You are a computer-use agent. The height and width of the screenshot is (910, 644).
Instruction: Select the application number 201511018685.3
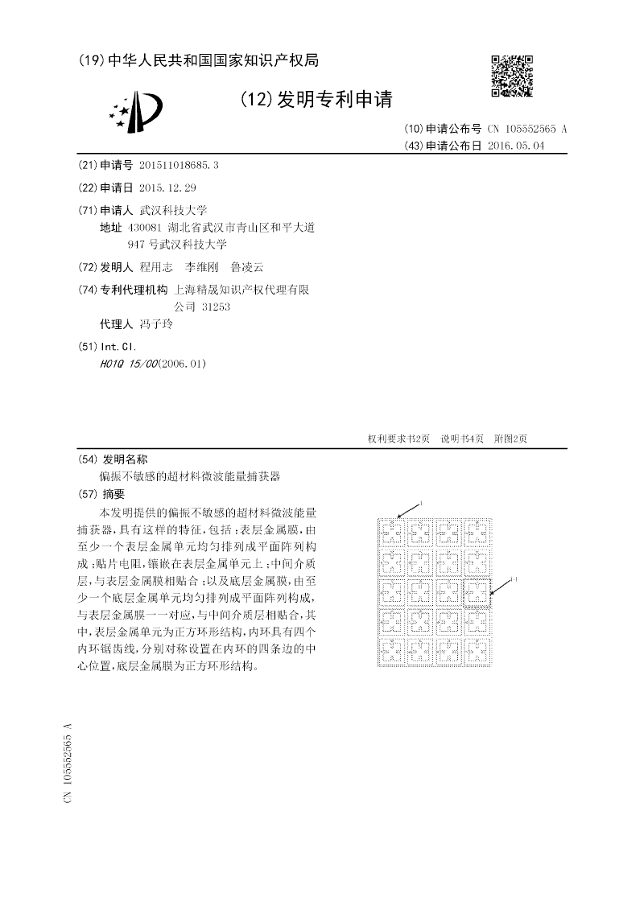(x=179, y=164)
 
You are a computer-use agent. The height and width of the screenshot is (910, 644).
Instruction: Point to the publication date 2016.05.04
(x=516, y=146)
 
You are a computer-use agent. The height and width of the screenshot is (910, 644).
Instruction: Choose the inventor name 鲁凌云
(x=246, y=266)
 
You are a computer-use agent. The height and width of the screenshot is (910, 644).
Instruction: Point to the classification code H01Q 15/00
(x=129, y=364)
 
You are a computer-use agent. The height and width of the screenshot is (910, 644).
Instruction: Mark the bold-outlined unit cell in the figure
(x=477, y=594)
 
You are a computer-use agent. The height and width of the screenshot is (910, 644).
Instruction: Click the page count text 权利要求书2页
(x=398, y=439)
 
